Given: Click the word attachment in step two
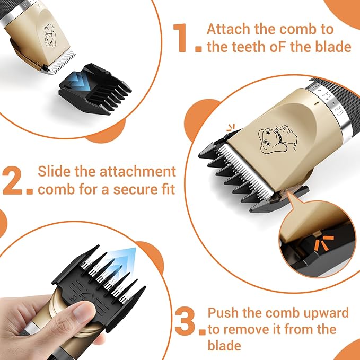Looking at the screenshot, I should [x=141, y=172].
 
